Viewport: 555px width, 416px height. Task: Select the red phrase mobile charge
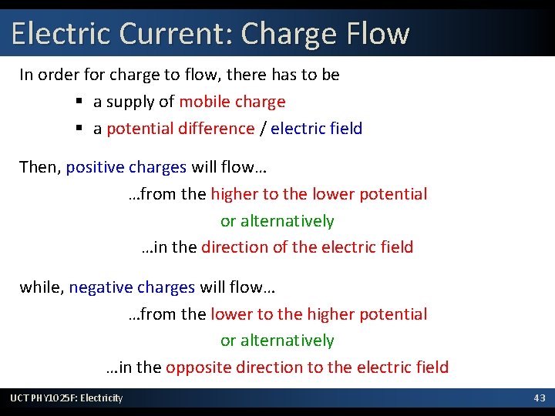coord(232,102)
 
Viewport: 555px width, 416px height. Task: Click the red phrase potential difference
coord(180,129)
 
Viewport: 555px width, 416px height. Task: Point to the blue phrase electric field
coord(316,129)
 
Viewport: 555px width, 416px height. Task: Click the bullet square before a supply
coord(79,102)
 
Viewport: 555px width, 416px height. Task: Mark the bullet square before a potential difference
coord(79,129)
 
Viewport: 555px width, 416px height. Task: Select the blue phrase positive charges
coord(126,167)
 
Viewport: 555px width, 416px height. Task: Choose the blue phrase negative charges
coord(132,287)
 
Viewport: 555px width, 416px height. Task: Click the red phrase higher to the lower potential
coord(318,194)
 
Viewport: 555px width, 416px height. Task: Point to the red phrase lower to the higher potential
coord(318,314)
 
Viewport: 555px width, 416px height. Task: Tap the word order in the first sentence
coord(59,75)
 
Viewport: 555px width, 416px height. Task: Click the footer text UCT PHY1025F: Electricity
coord(66,398)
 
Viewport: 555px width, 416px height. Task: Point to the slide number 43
coord(540,398)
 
